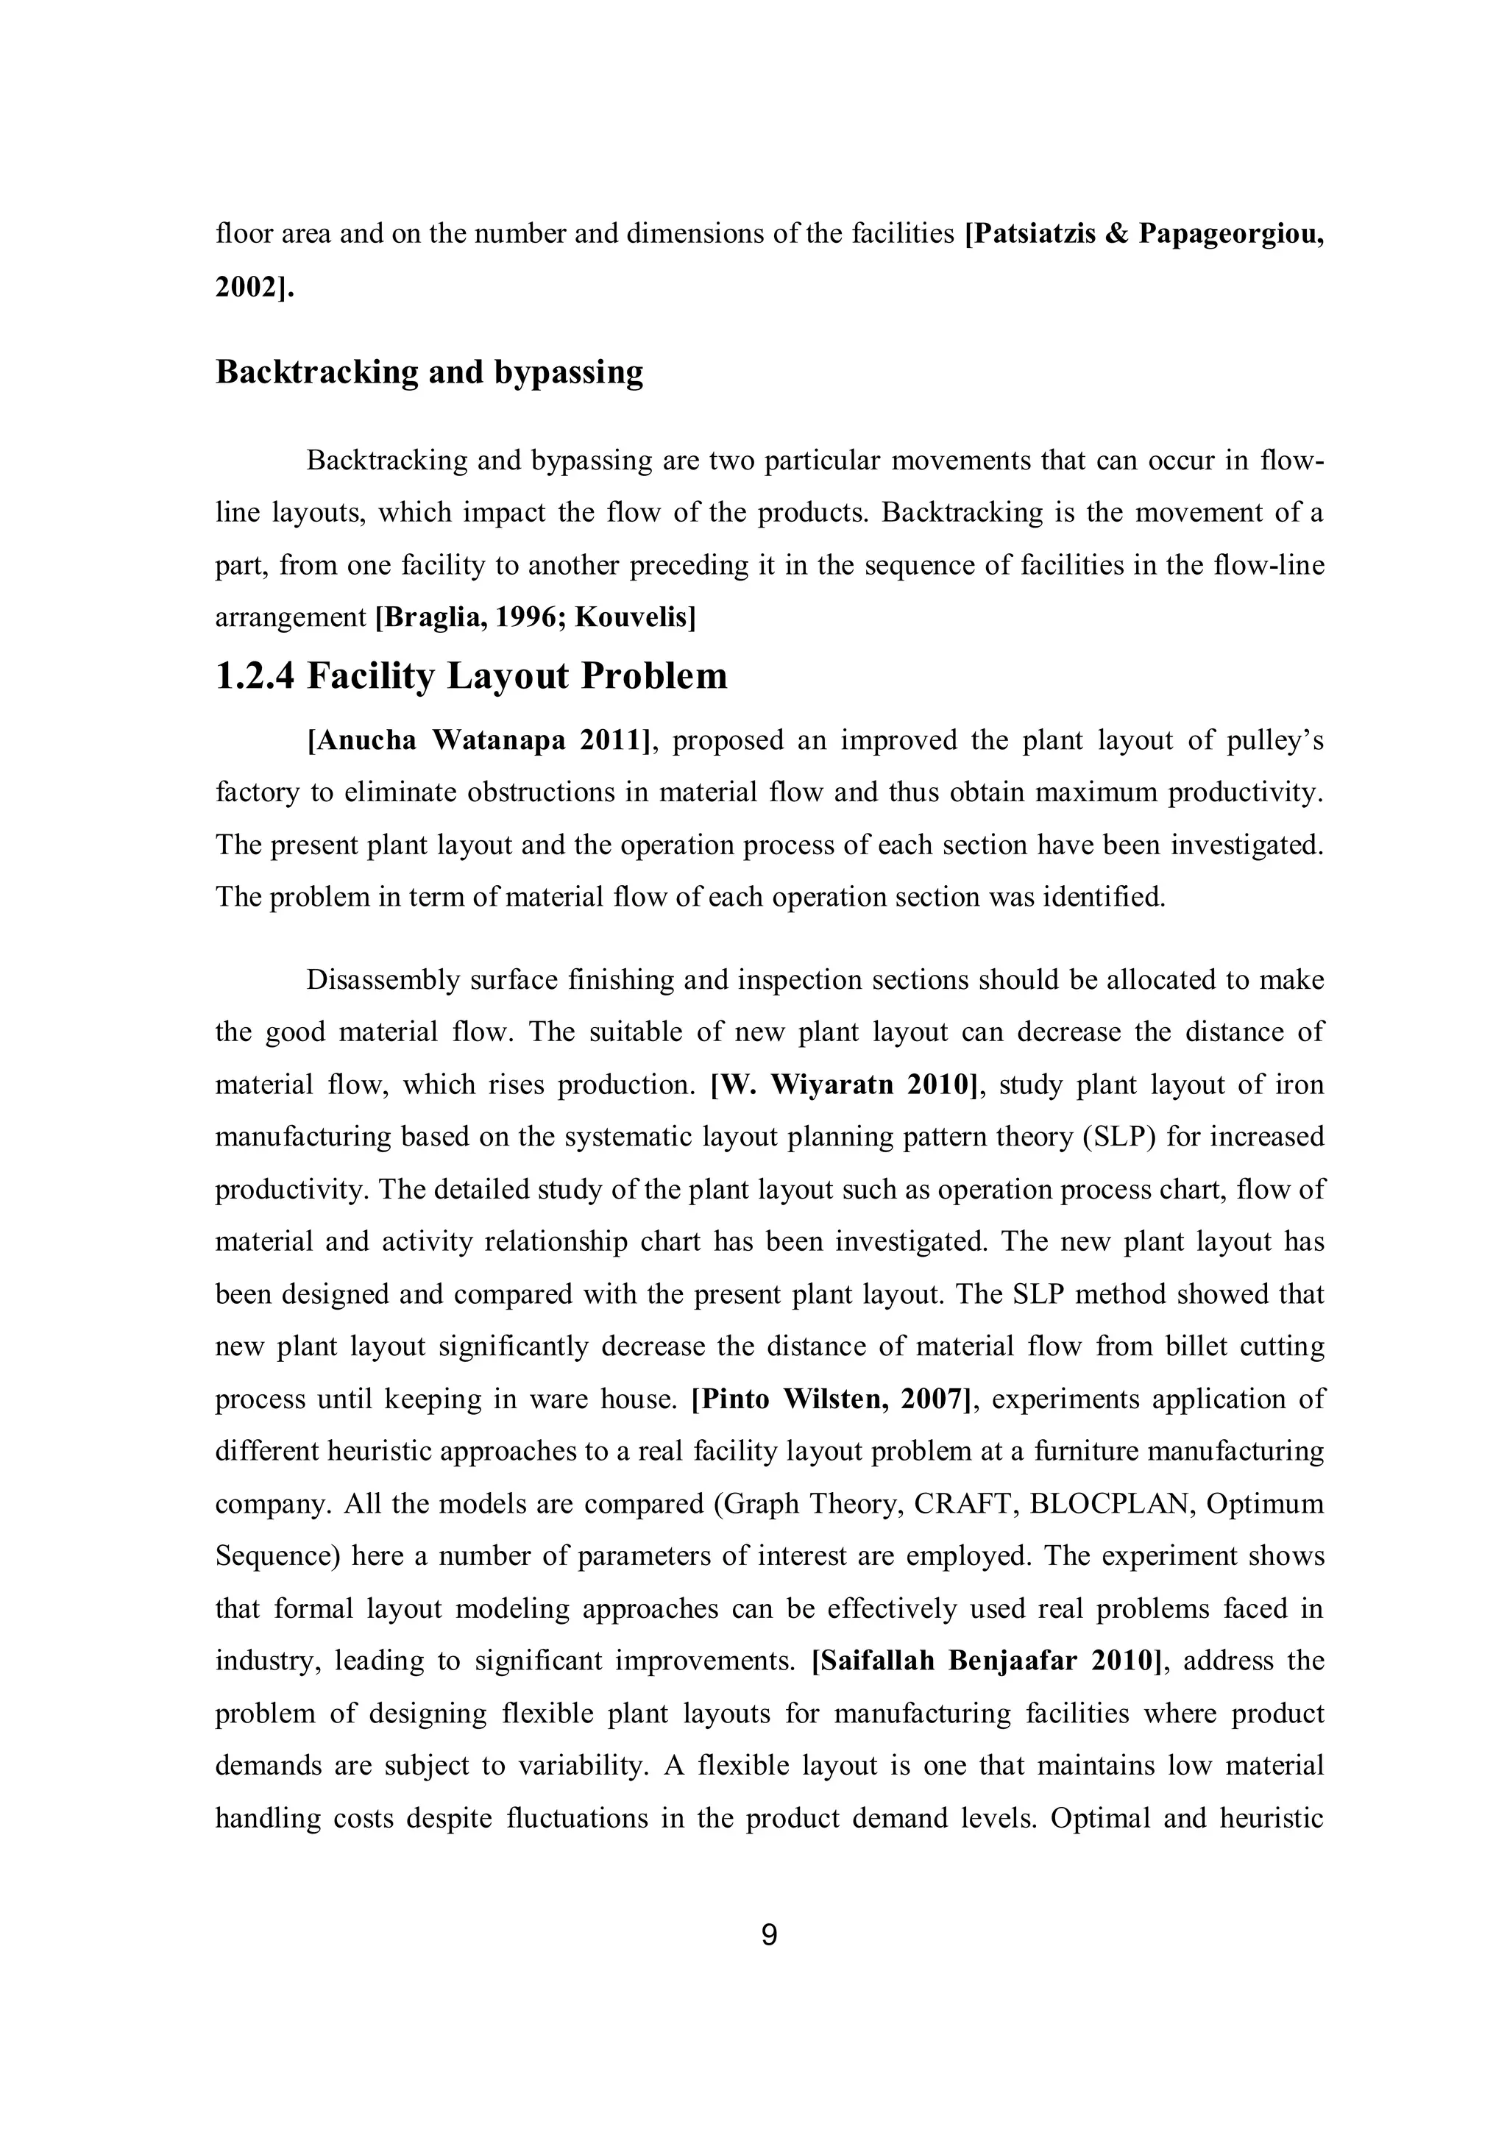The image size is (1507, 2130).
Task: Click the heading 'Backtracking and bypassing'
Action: [429, 372]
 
